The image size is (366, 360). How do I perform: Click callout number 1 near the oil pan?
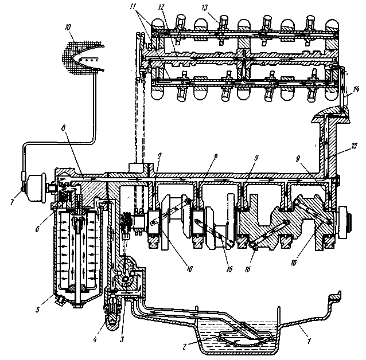(x=309, y=341)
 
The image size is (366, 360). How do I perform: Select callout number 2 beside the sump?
(x=184, y=346)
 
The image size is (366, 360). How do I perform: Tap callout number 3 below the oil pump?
(x=122, y=339)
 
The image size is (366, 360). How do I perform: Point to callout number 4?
(x=95, y=339)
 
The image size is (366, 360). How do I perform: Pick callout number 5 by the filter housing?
(x=38, y=310)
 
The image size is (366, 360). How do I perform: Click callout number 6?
(x=37, y=229)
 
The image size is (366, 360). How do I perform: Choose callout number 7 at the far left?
(x=12, y=202)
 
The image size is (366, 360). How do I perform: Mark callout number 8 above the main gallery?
(x=63, y=128)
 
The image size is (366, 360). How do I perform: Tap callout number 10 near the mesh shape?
(x=68, y=28)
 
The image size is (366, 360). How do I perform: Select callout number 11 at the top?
(x=133, y=7)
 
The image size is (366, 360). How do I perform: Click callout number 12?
(x=161, y=7)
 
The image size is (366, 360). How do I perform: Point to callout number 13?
(x=204, y=8)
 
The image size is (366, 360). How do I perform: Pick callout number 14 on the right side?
(x=356, y=89)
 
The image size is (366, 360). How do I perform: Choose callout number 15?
(x=355, y=146)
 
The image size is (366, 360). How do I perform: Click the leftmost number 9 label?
(x=159, y=156)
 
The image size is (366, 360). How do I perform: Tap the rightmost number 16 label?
(x=293, y=263)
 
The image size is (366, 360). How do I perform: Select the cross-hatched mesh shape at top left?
(x=82, y=57)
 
